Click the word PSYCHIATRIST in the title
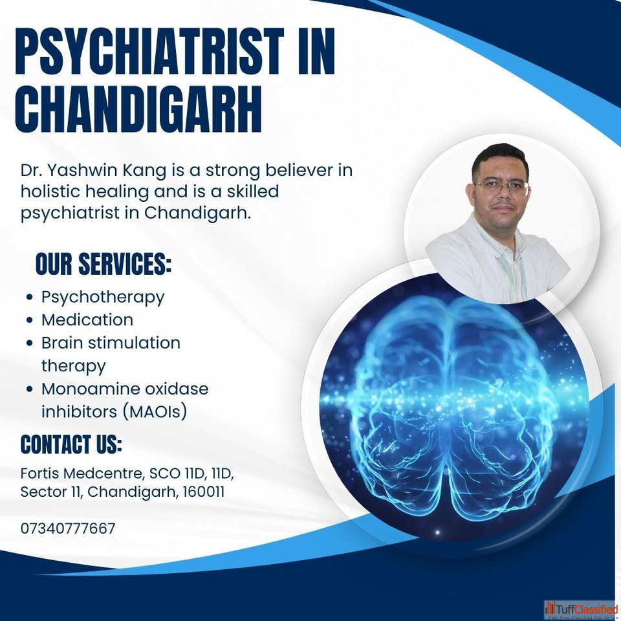click(x=149, y=51)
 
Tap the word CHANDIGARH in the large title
click(x=138, y=109)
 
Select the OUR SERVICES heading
click(x=103, y=263)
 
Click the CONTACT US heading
click(x=71, y=444)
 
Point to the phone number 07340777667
click(x=68, y=528)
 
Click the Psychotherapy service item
click(x=103, y=298)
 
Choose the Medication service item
click(x=87, y=320)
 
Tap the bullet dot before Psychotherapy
click(x=29, y=297)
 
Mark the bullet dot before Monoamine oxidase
click(x=29, y=389)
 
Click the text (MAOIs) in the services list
click(x=155, y=412)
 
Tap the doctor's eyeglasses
click(x=502, y=186)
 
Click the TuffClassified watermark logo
click(x=581, y=610)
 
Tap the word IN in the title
click(x=316, y=51)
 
